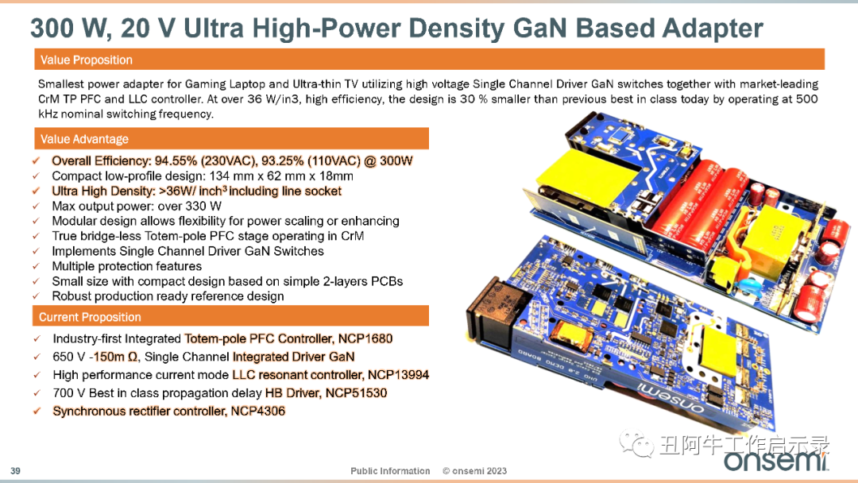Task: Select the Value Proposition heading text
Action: (87, 60)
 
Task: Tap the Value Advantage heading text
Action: (84, 139)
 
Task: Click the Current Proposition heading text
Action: (90, 317)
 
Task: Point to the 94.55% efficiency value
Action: (176, 160)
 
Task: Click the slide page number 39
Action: (15, 471)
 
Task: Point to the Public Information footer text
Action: (390, 471)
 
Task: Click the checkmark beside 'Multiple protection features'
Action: (36, 266)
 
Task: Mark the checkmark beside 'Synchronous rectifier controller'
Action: (37, 411)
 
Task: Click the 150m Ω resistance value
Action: (116, 357)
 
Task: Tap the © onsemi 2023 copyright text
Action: (474, 471)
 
